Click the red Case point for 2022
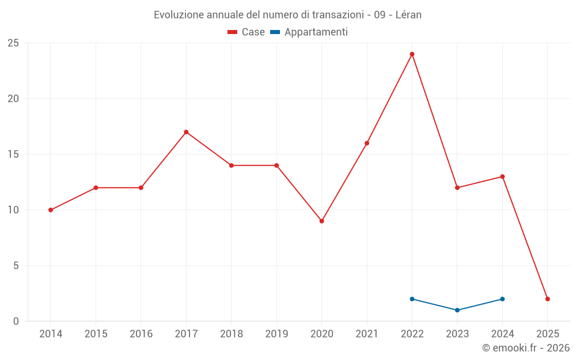pos(412,54)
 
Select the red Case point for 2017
pos(186,132)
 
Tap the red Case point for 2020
pos(321,221)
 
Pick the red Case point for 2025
pos(547,299)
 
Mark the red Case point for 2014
pos(51,210)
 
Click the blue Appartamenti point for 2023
pos(457,310)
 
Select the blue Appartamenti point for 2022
pos(412,299)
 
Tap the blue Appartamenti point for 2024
pos(502,299)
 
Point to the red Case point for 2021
pos(367,143)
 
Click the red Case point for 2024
pos(502,177)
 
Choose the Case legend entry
pos(247,32)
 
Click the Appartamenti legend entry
pos(309,32)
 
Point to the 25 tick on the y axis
pos(13,43)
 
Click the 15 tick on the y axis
pos(13,154)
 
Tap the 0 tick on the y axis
pos(16,321)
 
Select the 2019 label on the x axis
pos(276,334)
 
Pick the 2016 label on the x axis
pos(141,334)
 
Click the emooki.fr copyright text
pos(526,348)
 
